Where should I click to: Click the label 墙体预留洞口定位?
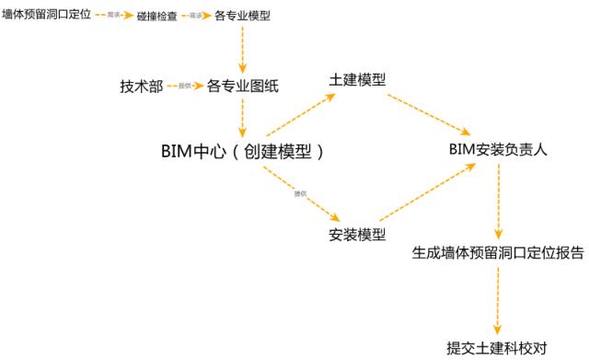click(46, 16)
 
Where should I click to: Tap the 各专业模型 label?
click(243, 16)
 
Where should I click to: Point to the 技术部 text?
click(141, 86)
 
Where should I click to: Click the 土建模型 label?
click(356, 80)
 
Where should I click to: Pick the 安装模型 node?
click(357, 233)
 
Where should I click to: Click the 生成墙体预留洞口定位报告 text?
click(497, 253)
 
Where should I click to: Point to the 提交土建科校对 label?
click(497, 347)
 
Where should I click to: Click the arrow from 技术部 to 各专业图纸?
click(184, 86)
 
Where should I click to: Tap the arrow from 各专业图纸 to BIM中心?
click(242, 118)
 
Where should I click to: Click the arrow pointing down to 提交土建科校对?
click(498, 300)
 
